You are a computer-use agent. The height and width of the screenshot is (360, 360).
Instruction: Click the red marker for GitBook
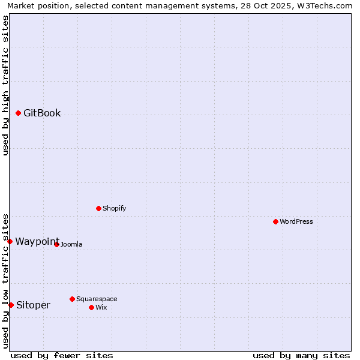(18, 113)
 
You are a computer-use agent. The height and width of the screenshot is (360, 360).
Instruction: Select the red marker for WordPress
(275, 221)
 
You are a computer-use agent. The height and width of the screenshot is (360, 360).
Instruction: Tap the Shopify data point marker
(98, 208)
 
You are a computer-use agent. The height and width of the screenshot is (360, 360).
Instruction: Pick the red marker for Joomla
(56, 244)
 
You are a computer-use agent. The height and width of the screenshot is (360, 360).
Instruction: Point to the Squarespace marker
(72, 299)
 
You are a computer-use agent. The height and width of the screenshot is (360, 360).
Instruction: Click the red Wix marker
(91, 307)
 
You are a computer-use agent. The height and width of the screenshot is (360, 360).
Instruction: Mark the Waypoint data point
(10, 241)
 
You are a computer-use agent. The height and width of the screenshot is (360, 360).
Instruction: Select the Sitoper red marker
(11, 305)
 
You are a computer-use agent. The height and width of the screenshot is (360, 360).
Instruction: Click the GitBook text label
(42, 113)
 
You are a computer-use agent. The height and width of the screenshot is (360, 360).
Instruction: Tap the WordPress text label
(296, 221)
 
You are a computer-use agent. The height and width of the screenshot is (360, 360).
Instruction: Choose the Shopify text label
(114, 208)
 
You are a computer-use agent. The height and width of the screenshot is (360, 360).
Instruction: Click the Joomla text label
(71, 244)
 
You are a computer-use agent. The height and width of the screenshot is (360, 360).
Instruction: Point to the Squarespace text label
(97, 299)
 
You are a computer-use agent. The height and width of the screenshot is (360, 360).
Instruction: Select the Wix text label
(101, 307)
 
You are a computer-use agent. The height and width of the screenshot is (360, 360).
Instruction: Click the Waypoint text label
(37, 241)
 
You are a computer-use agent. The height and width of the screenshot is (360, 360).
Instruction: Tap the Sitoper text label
(33, 305)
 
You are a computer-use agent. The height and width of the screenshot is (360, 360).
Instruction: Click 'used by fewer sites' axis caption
(62, 355)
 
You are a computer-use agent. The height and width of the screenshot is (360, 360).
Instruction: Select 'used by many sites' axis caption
(301, 355)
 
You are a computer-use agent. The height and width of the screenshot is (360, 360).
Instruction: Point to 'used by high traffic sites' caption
(5, 85)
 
